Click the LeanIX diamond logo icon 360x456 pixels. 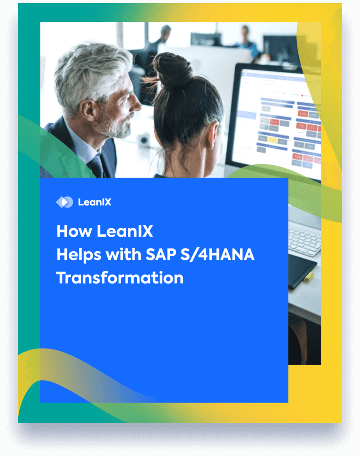(x=64, y=202)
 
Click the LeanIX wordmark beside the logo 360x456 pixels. (x=94, y=202)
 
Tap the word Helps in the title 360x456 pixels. (x=78, y=255)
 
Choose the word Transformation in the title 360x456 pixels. (x=120, y=278)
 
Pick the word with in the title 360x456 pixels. (x=121, y=255)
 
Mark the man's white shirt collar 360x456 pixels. (x=83, y=146)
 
